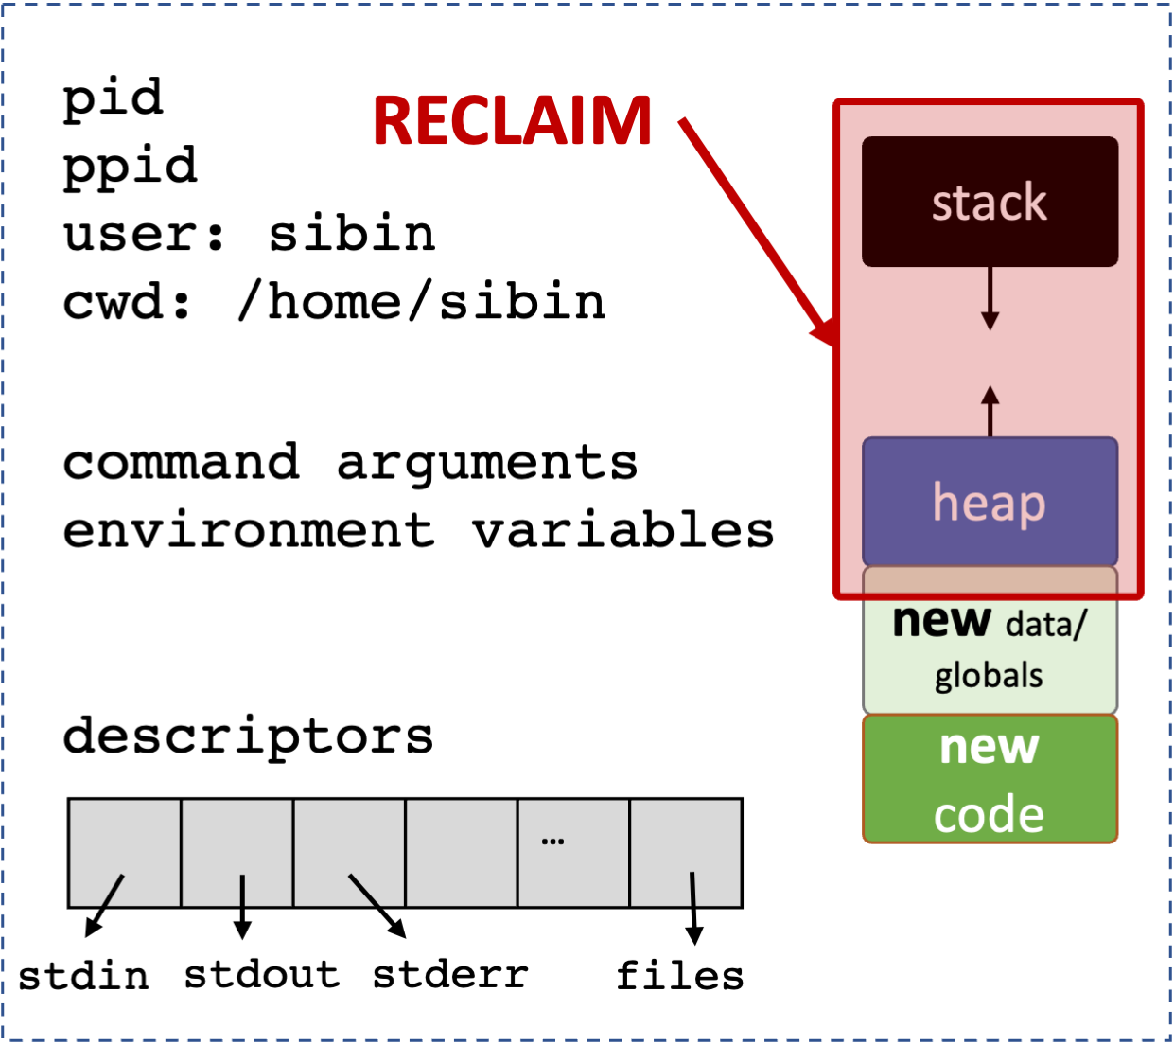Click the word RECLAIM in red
[512, 121]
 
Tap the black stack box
[990, 202]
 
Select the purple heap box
[990, 501]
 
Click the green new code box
[990, 779]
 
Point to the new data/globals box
[990, 653]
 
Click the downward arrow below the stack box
[990, 298]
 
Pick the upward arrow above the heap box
[990, 411]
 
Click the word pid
[113, 98]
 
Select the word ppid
[131, 167]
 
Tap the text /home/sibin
[422, 302]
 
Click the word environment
[248, 530]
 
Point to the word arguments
[487, 463]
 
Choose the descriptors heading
[248, 736]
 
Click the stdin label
[84, 976]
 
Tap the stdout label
[261, 974]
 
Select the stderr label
[450, 974]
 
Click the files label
[679, 976]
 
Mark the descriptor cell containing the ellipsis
[573, 853]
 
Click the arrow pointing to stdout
[242, 906]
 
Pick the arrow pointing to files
[693, 908]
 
